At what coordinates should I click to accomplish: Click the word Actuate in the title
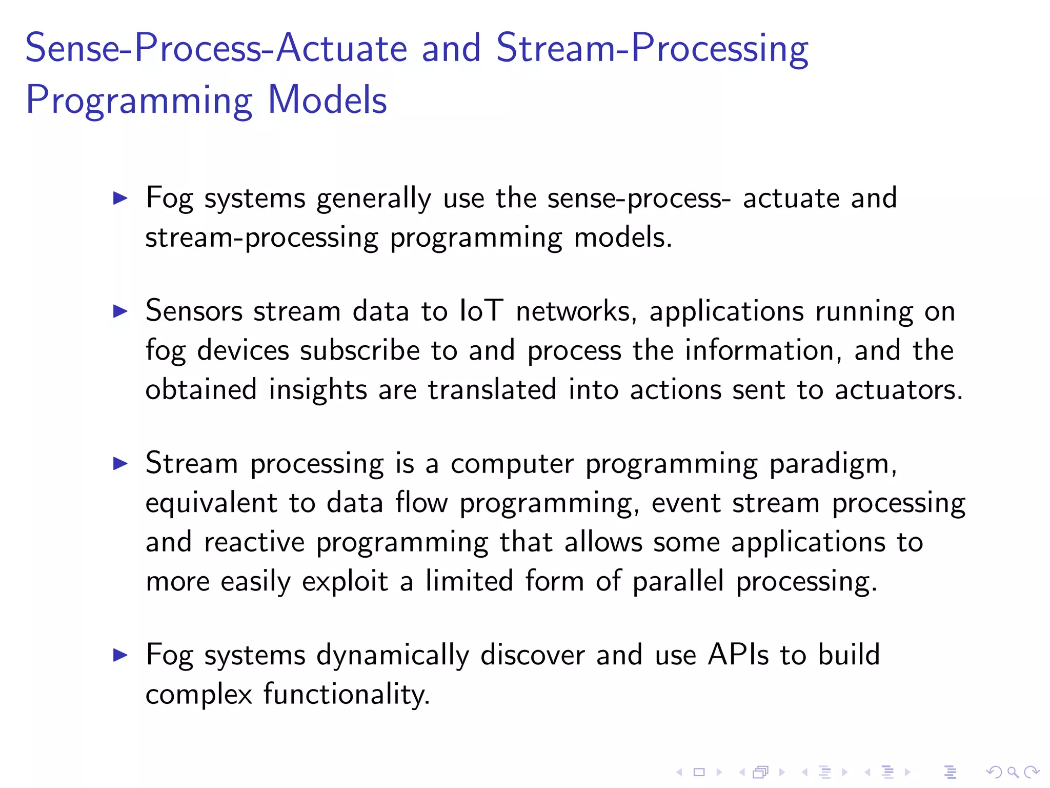[x=341, y=48]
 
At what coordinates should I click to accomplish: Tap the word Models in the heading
[x=327, y=100]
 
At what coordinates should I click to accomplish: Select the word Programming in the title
[x=139, y=100]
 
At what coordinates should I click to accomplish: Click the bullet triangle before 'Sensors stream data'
[x=120, y=311]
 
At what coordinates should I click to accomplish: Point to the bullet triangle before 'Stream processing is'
[x=120, y=464]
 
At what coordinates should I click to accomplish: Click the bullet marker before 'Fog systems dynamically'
[x=120, y=655]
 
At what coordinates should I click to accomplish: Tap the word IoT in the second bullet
[x=481, y=311]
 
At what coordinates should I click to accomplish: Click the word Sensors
[x=194, y=311]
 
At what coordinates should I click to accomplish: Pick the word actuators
[x=898, y=390]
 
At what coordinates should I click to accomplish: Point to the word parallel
[x=678, y=581]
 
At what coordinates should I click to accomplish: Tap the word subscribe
[x=360, y=350]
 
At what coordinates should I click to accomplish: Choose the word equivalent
[x=211, y=503]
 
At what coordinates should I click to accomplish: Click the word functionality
[x=347, y=694]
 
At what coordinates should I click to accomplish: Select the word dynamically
[x=392, y=655]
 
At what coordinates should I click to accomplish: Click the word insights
[x=318, y=390]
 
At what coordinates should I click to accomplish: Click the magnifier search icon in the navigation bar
[x=1013, y=772]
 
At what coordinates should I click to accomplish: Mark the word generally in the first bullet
[x=374, y=199]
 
